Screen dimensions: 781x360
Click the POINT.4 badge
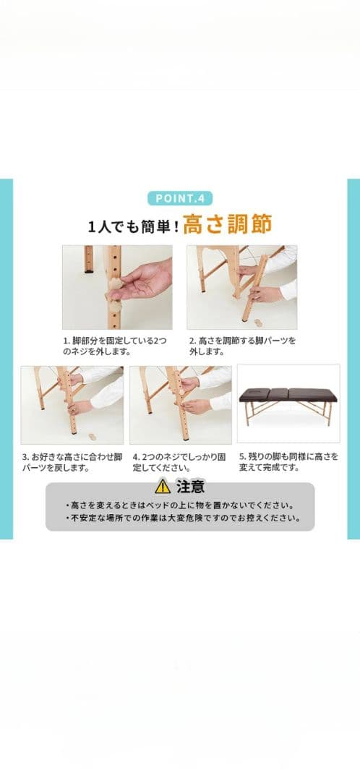[x=180, y=198]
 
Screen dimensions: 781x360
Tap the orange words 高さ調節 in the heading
[x=227, y=225]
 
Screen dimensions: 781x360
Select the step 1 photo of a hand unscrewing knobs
[x=117, y=286]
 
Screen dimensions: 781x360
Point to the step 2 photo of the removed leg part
[x=241, y=286]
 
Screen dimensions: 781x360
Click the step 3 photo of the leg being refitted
[x=72, y=404]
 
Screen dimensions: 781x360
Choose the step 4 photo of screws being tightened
[x=180, y=404]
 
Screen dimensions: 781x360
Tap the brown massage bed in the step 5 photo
[x=288, y=396]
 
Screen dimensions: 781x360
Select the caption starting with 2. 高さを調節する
[x=241, y=346]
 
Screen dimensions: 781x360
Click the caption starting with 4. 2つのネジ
[x=179, y=462]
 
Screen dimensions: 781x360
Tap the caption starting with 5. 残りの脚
[x=288, y=462]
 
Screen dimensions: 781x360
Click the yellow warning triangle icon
[x=163, y=487]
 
